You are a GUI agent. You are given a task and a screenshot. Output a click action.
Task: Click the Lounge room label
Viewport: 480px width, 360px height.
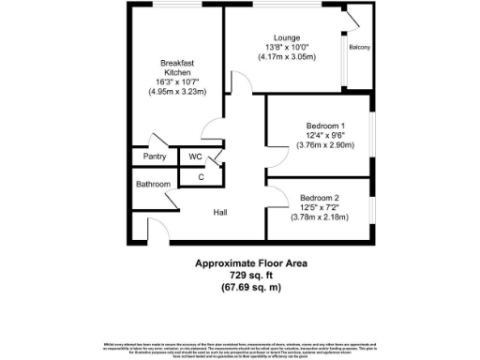(287, 37)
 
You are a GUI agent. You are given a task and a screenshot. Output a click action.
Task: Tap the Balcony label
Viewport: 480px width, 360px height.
(359, 47)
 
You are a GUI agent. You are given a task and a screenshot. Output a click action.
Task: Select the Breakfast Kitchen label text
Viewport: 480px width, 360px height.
(177, 67)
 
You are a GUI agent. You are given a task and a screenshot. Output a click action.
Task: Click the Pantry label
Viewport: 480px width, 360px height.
(155, 157)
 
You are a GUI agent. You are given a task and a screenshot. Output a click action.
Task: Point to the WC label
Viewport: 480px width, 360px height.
(195, 157)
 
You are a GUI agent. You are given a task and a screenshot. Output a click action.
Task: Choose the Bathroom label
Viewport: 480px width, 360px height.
(154, 185)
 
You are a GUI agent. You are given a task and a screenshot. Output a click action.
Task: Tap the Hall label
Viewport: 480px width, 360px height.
(220, 213)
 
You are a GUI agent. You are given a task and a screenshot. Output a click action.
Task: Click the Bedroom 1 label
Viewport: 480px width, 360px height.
(325, 125)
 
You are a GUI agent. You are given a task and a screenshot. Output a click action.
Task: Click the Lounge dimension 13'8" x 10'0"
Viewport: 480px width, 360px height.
(287, 47)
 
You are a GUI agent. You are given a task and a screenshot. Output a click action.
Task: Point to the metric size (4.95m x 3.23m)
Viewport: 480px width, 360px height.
(177, 92)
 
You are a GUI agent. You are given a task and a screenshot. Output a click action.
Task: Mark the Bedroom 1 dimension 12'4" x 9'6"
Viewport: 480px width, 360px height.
(325, 135)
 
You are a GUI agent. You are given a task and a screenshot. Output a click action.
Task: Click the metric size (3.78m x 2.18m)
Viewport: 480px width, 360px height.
(322, 217)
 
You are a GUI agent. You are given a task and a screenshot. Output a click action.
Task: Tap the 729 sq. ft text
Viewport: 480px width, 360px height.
(251, 276)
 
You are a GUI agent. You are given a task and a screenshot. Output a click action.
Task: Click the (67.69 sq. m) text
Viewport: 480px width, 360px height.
(251, 287)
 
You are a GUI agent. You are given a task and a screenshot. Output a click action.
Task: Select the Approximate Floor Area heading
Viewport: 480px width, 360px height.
(251, 263)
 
